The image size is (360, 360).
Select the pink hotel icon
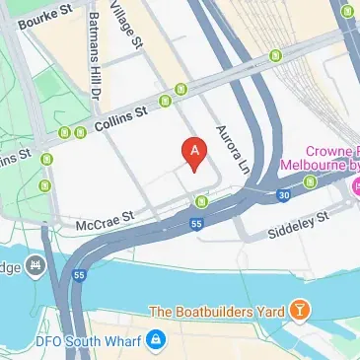click(x=354, y=184)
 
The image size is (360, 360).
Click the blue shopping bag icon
click(x=155, y=340)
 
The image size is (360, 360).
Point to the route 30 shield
click(x=284, y=195)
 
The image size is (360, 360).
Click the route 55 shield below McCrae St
click(x=170, y=226)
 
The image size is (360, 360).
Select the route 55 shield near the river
click(x=78, y=275)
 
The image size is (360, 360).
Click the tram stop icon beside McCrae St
click(x=202, y=203)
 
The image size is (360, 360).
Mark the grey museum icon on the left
click(x=36, y=266)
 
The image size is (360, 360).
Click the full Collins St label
click(x=121, y=121)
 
